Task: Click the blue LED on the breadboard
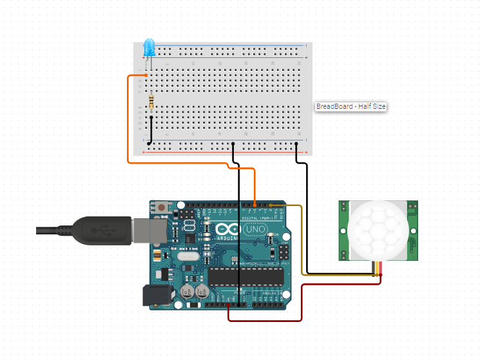tap(149, 47)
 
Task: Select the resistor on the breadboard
tap(151, 102)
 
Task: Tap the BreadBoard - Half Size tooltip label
tap(350, 107)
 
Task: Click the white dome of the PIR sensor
tap(379, 230)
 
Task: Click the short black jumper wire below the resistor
tap(151, 129)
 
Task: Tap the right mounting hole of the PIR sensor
tap(412, 207)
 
